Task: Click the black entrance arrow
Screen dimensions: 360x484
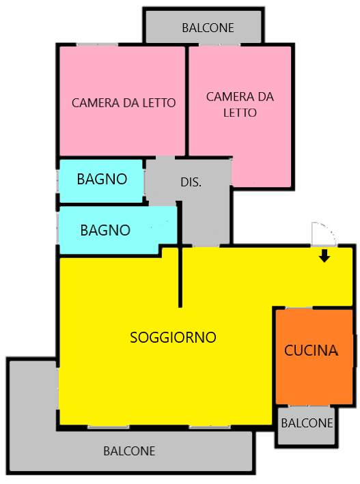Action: click(324, 256)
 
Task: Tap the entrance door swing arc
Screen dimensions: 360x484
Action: click(331, 231)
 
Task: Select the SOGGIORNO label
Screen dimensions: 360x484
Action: click(173, 337)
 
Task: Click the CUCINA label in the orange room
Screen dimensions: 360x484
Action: click(311, 350)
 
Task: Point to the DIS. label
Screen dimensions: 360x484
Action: click(191, 182)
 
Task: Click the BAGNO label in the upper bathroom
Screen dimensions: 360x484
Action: click(102, 179)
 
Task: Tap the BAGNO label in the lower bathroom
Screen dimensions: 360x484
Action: click(105, 230)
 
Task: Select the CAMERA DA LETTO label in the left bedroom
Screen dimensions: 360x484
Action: click(124, 103)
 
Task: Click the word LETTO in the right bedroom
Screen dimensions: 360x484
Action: click(240, 113)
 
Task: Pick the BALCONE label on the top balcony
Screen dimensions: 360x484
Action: click(208, 28)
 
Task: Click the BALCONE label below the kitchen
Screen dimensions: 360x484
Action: click(307, 423)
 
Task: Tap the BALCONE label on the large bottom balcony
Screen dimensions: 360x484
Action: click(129, 451)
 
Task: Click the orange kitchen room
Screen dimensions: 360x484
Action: click(314, 356)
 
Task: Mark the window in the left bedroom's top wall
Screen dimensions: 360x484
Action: click(97, 45)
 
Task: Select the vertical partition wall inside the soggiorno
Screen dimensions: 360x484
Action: click(180, 255)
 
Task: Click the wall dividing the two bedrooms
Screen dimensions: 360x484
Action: click(186, 100)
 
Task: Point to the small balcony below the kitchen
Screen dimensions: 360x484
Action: click(306, 426)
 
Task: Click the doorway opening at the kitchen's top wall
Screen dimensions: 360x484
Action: click(299, 308)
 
